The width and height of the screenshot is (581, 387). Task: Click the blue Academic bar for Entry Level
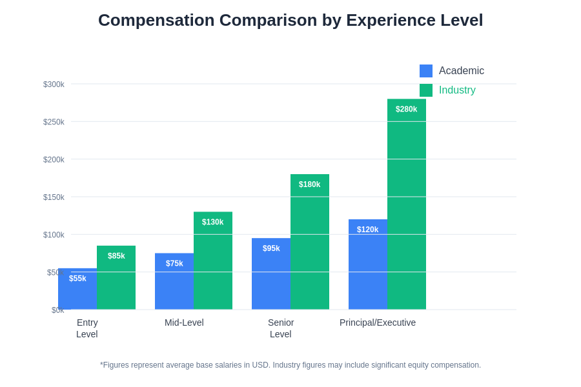coord(77,293)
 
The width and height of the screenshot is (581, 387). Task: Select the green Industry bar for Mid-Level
coord(213,264)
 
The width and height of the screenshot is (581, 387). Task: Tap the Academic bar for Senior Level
coord(271,277)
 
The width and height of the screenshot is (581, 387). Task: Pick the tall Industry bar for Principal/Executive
coord(407,206)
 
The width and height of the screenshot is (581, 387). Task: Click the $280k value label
coord(407,109)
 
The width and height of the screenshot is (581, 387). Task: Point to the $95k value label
coord(271,248)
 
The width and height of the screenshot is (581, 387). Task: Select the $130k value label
coord(213,222)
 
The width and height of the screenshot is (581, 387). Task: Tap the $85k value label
coord(116,256)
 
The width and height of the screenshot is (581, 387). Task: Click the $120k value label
coord(368,230)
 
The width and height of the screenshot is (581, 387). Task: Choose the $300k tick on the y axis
coord(54,84)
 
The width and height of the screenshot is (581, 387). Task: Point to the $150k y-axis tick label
coord(54,197)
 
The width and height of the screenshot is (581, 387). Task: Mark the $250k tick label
coord(54,122)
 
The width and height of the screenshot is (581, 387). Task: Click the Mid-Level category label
coord(184,322)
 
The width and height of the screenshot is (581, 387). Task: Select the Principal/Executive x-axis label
coord(378,322)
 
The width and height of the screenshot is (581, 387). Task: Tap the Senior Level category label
coord(281,328)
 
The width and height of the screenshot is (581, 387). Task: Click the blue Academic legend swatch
coord(426,71)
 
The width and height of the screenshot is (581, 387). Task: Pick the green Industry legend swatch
coord(426,90)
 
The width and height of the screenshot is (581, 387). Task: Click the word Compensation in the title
coord(156,20)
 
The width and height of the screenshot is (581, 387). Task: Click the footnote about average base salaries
coord(290,365)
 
